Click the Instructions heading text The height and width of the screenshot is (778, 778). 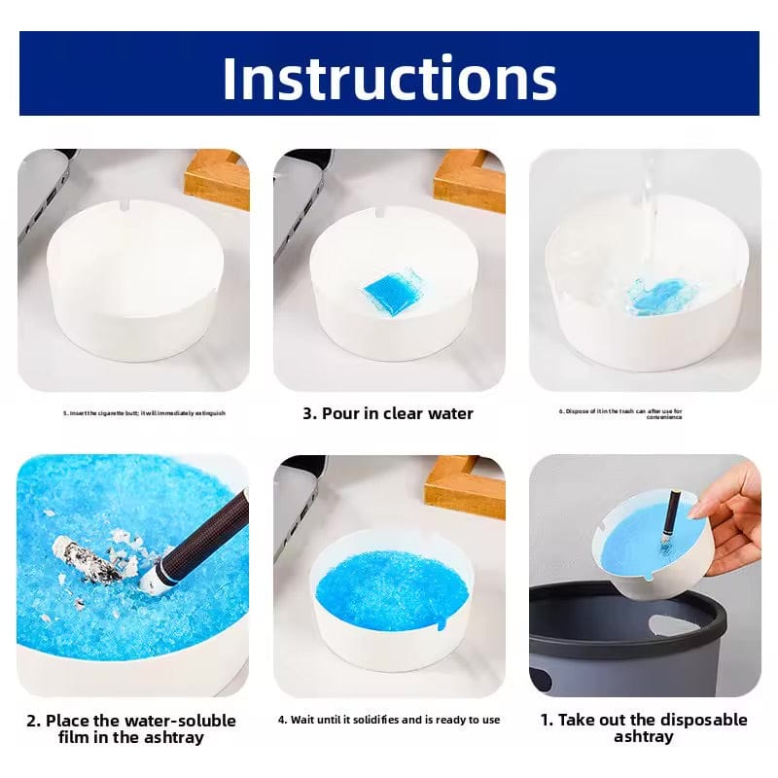pos(389,78)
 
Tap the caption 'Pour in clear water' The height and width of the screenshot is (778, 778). pos(387,413)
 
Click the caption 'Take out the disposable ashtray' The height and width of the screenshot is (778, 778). pos(644,727)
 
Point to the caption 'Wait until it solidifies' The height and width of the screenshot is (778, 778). pos(389,720)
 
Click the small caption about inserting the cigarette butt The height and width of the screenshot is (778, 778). pos(144,413)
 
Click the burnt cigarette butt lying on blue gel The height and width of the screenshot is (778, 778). pos(93,564)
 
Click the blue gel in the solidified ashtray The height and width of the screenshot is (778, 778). pos(389,588)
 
